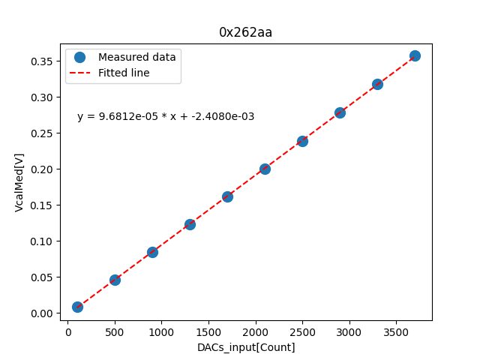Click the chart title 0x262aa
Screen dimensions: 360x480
245,32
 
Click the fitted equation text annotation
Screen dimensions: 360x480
166,116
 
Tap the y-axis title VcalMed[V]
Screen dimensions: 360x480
19,182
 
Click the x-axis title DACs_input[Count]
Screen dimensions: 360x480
246,347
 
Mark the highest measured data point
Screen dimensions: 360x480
415,55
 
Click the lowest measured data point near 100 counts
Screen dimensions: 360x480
77,307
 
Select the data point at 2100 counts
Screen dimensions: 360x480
265,169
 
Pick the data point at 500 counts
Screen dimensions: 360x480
115,280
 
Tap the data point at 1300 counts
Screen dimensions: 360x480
190,224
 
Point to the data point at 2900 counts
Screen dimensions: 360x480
340,112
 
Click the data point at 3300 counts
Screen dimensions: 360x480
377,84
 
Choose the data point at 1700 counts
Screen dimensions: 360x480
227,196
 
